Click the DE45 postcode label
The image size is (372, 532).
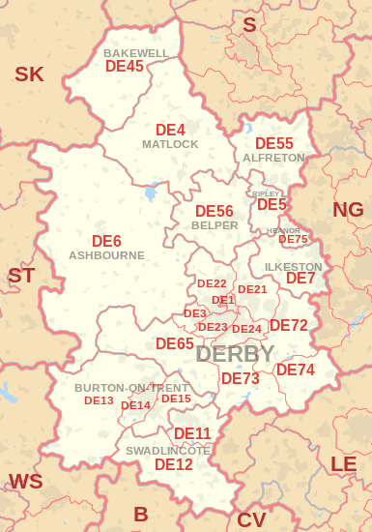(x=124, y=67)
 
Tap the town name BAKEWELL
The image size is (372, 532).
(x=136, y=53)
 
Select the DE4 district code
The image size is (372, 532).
(x=170, y=130)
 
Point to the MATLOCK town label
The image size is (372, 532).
(x=170, y=144)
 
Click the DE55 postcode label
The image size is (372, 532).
(x=273, y=143)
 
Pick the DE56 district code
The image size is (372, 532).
(x=214, y=211)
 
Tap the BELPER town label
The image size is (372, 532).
(x=215, y=224)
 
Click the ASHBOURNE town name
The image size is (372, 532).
(x=106, y=255)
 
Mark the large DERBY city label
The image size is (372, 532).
(x=235, y=354)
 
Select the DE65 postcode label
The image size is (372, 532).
(x=175, y=343)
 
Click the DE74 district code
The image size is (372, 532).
(x=296, y=369)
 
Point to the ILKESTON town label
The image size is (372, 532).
(x=293, y=266)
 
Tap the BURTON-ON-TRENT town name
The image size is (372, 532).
(x=131, y=388)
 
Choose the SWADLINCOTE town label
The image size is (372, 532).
(x=168, y=451)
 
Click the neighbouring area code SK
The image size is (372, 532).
(x=29, y=74)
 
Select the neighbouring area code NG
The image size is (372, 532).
(x=348, y=210)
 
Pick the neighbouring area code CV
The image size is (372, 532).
(x=251, y=519)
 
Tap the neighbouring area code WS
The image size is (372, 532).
(x=25, y=481)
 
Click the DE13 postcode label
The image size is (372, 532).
(x=99, y=400)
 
